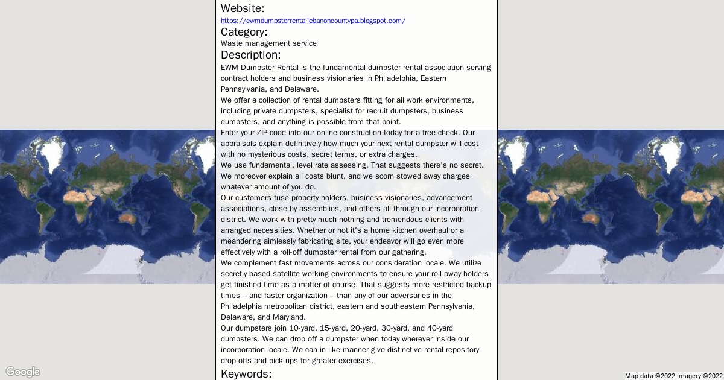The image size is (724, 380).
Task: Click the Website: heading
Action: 243,8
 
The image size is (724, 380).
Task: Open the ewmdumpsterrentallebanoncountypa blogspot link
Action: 313,21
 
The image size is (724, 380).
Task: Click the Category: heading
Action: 244,32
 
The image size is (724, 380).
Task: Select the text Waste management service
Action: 268,43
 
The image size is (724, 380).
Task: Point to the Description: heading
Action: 250,55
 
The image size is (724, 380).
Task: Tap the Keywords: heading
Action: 246,374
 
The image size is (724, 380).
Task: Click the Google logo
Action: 23,372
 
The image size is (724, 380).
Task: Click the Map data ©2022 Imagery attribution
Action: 673,376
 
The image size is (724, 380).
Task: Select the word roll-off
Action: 295,252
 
